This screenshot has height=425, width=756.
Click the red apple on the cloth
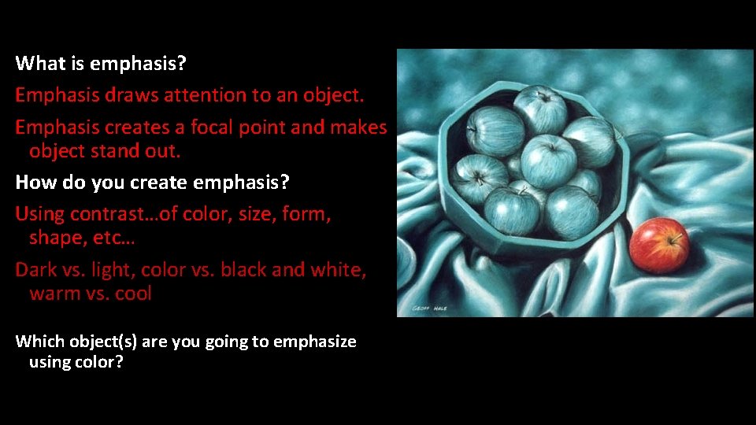pyautogui.click(x=659, y=245)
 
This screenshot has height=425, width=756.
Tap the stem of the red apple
pyautogui.click(x=673, y=235)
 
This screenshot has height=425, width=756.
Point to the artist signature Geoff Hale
pyautogui.click(x=429, y=308)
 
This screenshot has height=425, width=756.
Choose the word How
pyautogui.click(x=33, y=183)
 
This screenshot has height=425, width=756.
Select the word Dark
pyautogui.click(x=36, y=270)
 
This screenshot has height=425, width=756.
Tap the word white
pyautogui.click(x=338, y=270)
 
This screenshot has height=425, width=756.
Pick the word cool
pyautogui.click(x=132, y=294)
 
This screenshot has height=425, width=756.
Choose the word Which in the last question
pyautogui.click(x=39, y=342)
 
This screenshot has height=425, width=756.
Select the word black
pyautogui.click(x=245, y=270)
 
